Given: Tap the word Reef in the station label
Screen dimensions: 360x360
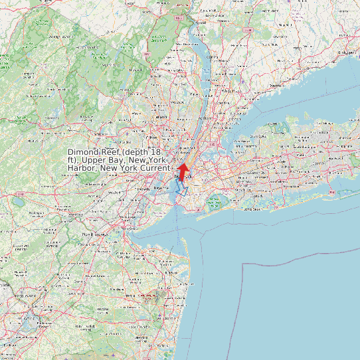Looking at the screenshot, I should pyautogui.click(x=111, y=152).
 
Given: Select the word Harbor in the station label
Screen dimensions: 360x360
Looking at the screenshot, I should pyautogui.click(x=82, y=168).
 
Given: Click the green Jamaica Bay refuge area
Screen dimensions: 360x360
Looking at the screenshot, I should pyautogui.click(x=214, y=203).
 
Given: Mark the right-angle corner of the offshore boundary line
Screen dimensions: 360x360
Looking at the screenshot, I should pyautogui.click(x=244, y=264).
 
